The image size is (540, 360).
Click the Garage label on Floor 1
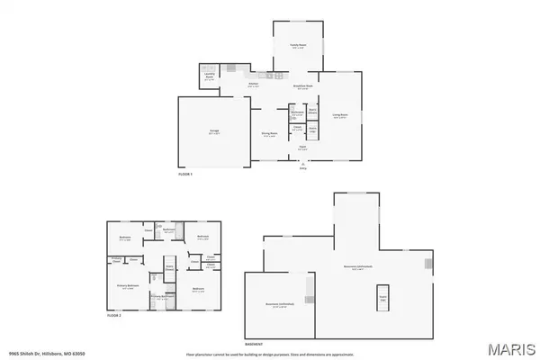[213, 132]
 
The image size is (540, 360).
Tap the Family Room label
[297, 48]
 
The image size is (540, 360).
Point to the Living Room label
[340, 115]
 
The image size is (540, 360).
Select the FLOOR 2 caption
[114, 315]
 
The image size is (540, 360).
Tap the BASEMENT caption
[254, 342]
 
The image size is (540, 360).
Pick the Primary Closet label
[117, 260]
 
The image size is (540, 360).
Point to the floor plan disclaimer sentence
[270, 354]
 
